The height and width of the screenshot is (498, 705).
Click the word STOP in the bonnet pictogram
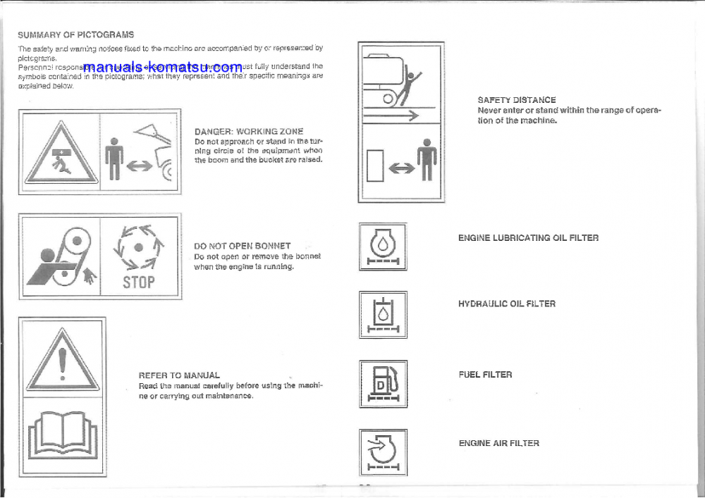click(139, 282)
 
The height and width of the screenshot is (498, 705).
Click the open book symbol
click(62, 437)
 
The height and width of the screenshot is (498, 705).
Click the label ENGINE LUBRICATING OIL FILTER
click(528, 238)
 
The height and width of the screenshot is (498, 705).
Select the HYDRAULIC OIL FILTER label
click(506, 304)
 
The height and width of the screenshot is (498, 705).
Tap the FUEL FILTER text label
click(485, 375)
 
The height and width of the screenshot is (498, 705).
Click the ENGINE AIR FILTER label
click(498, 443)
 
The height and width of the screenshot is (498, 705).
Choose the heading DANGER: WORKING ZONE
click(248, 131)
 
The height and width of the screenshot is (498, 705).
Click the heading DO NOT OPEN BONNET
click(242, 246)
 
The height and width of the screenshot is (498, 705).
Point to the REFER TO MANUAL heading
click(179, 375)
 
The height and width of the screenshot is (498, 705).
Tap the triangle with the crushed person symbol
click(59, 154)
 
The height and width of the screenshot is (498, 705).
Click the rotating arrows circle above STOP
click(139, 247)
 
